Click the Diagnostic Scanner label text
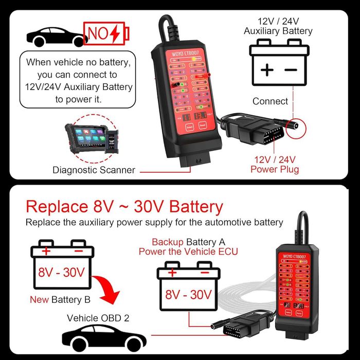(94, 170)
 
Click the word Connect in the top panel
(270, 101)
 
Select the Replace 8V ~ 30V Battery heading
(124, 207)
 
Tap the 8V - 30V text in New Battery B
(61, 272)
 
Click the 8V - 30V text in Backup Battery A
(188, 295)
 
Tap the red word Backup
(168, 242)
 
